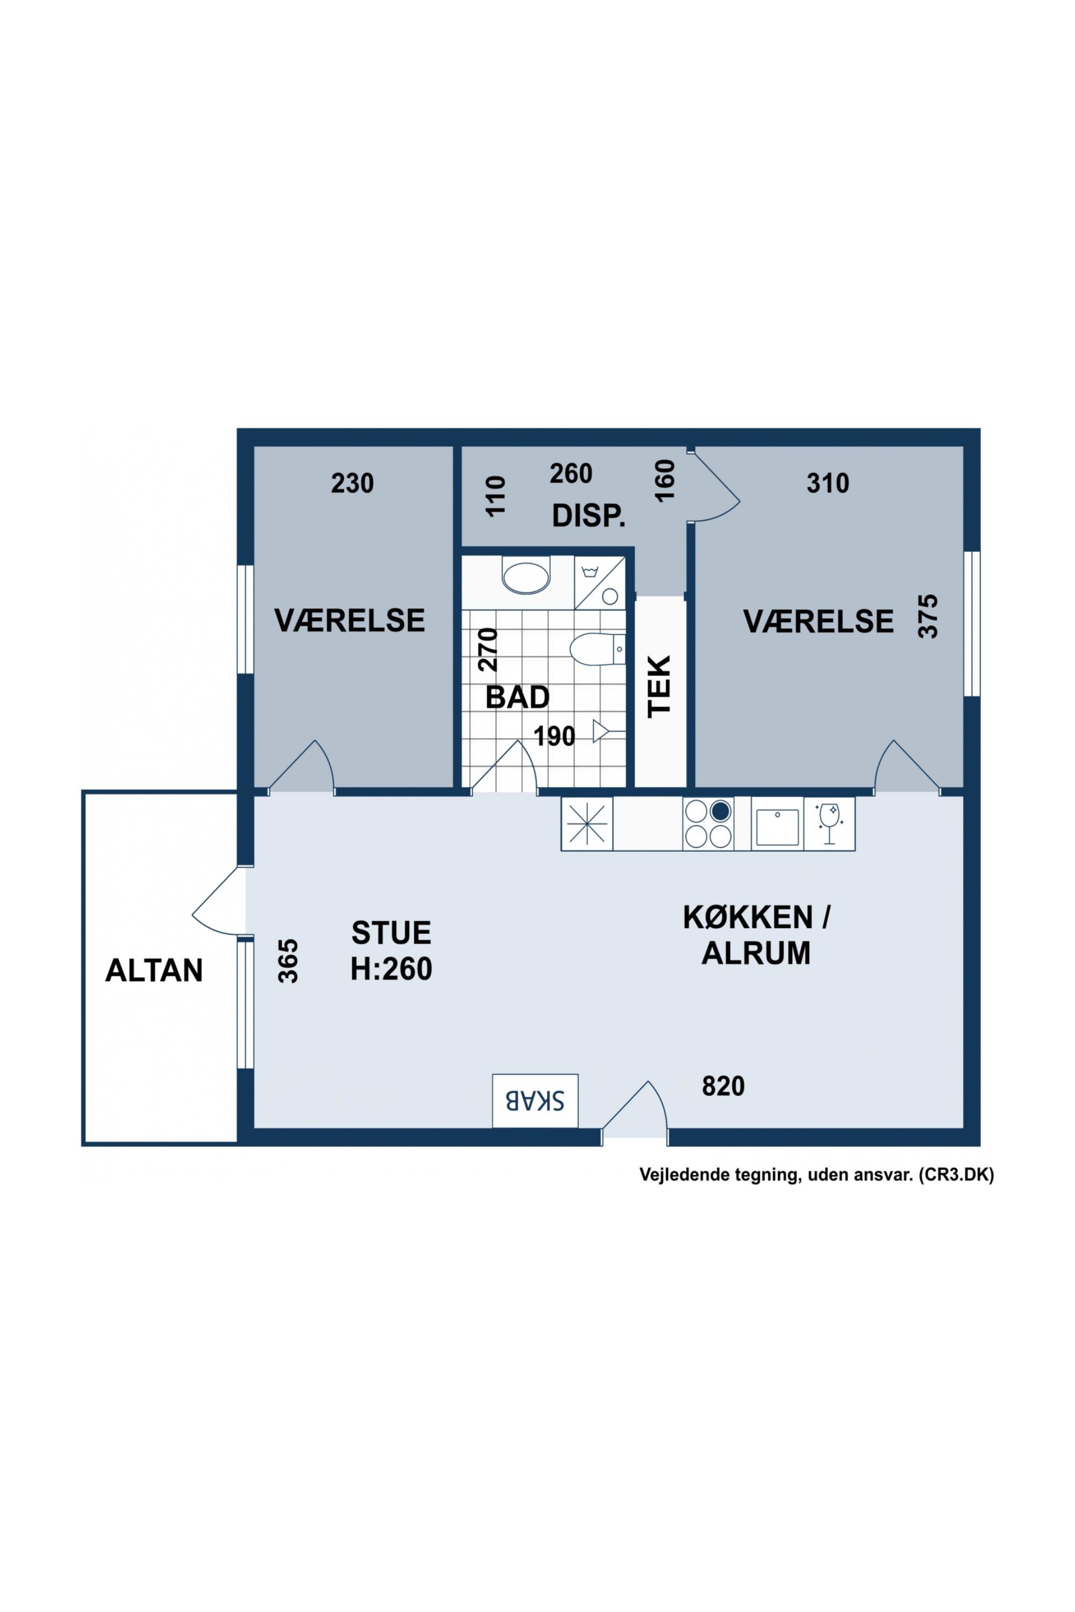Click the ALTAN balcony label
(154, 970)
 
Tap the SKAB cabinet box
(535, 1100)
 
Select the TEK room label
(660, 687)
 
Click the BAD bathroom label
(518, 697)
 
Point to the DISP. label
(589, 517)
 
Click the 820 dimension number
(723, 1086)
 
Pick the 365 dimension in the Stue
(289, 961)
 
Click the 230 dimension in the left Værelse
(353, 484)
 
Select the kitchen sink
(777, 827)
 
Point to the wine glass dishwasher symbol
(829, 823)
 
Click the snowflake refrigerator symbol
(587, 824)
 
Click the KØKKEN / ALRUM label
(756, 935)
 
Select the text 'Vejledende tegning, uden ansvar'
(776, 1175)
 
